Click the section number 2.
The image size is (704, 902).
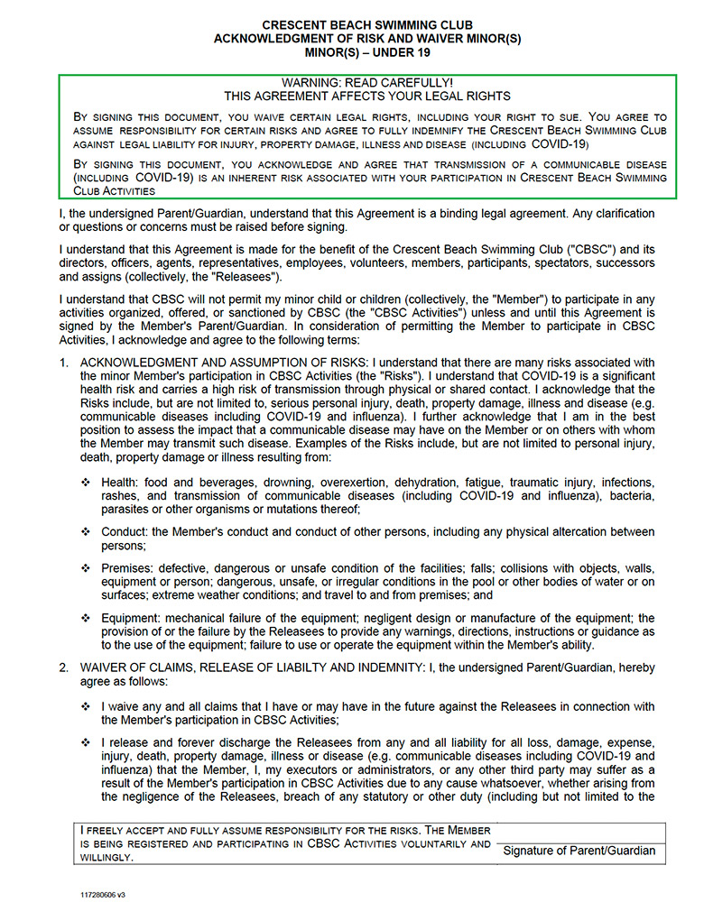tap(63, 667)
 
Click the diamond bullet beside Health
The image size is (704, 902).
tap(87, 483)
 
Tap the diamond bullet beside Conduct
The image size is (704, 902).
tap(87, 532)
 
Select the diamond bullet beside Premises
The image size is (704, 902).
tap(87, 568)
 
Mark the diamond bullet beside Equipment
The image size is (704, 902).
tap(87, 618)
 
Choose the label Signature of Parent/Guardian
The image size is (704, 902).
tap(579, 851)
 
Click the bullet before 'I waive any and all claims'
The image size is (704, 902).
tap(87, 706)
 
